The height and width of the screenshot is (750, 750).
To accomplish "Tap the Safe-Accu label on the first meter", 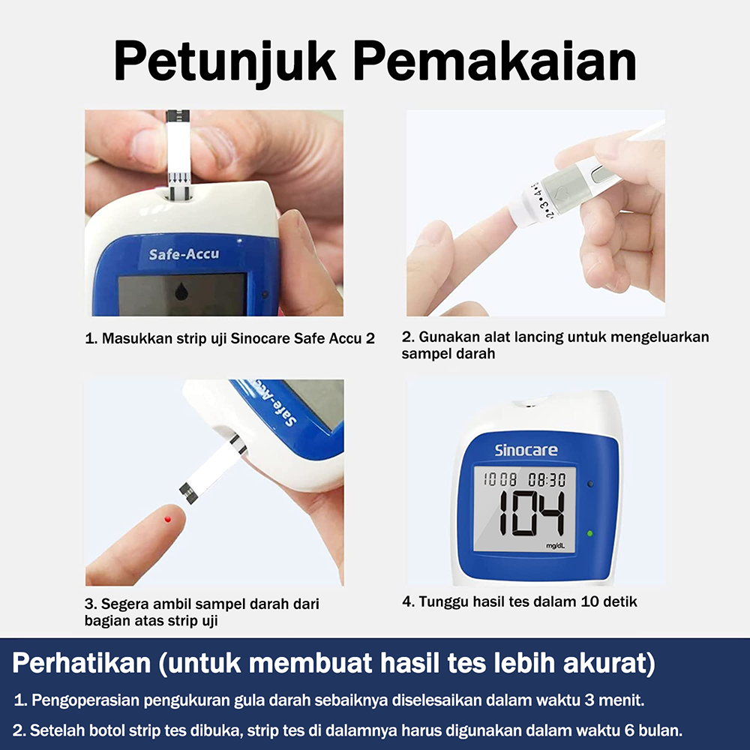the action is point(184,254).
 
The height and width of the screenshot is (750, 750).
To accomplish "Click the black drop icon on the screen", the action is point(181,291).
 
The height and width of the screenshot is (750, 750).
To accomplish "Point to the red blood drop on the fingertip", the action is point(168,519).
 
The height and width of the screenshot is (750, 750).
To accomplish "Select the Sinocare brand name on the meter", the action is point(526,450).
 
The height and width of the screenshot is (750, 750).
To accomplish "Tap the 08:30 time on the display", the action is point(547,479).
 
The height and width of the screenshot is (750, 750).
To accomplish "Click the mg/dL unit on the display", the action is point(555,546).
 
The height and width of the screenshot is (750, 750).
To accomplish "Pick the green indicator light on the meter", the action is point(589,533).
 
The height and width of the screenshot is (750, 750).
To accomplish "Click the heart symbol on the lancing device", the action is point(560,193).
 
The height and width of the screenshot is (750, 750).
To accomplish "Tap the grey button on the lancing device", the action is point(604,173).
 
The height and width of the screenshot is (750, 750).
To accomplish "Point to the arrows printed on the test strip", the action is point(179,178).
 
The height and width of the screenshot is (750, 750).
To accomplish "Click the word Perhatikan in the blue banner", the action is point(81,663).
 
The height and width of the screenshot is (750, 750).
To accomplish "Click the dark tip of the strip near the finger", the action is point(188,493).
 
